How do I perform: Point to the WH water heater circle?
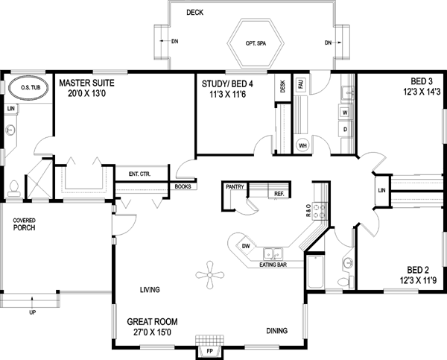click(303, 145)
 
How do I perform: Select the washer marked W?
click(345, 112)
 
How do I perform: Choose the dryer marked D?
click(345, 129)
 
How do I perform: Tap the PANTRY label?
click(235, 188)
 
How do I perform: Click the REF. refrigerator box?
click(279, 194)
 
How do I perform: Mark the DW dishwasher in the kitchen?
click(244, 246)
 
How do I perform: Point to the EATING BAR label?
click(273, 264)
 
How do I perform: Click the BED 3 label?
click(420, 81)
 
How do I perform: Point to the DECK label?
click(194, 13)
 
